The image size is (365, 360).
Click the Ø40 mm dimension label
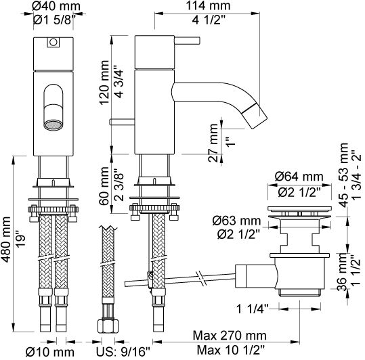coord(56,6)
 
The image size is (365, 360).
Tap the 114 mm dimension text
coord(208,5)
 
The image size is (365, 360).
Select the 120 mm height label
coord(104,83)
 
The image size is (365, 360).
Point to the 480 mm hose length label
coord(5,240)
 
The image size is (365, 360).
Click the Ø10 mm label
coord(50,352)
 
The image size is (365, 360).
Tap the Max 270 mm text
coord(230,336)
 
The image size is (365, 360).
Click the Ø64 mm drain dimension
coord(299,177)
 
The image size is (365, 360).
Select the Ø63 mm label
coord(236,221)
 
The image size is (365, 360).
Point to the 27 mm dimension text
coord(213,143)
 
